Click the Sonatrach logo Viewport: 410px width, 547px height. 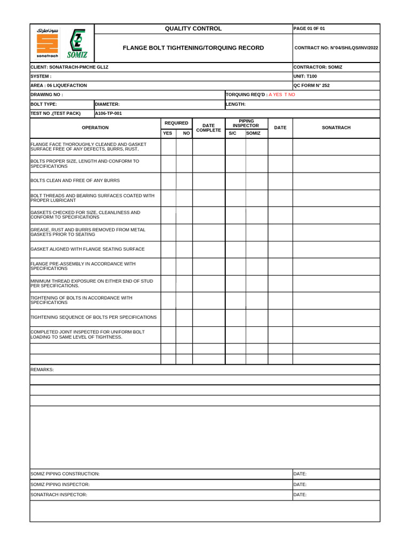[x=47, y=43]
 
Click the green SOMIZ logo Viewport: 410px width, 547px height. [x=78, y=43]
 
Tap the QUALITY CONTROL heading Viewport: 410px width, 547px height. [x=193, y=28]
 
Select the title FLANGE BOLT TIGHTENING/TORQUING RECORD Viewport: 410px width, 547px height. [x=193, y=48]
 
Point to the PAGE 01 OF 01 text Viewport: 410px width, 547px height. [x=309, y=28]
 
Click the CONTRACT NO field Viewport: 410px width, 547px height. [x=336, y=48]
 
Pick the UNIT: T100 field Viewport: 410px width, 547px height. [x=305, y=76]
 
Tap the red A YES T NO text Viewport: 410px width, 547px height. [x=281, y=95]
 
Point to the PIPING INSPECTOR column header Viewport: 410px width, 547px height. [x=246, y=123]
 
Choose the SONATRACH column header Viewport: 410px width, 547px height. [x=336, y=128]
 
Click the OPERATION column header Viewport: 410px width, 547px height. [x=95, y=128]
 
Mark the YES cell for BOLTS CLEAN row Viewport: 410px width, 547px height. [x=169, y=181]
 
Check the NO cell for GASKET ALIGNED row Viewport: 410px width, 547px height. [x=184, y=249]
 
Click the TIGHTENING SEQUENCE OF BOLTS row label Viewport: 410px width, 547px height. [x=94, y=317]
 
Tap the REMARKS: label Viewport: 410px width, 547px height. [x=42, y=370]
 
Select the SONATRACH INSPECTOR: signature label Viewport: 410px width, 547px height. [x=59, y=495]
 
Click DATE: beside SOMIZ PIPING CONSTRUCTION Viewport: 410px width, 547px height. [x=300, y=474]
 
